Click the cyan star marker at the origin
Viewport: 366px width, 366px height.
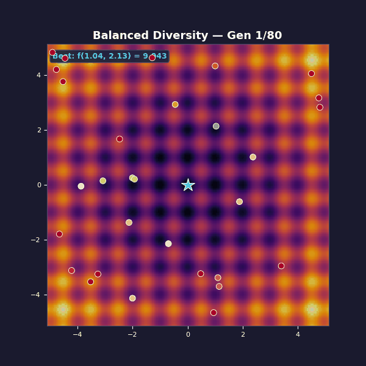(x=188, y=185)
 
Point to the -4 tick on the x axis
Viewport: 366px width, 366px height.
(x=77, y=334)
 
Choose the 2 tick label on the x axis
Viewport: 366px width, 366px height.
(x=243, y=334)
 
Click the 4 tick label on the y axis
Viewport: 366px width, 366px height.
(x=38, y=75)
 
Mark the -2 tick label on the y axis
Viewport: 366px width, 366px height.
(x=35, y=240)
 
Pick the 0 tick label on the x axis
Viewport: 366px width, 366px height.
(x=188, y=334)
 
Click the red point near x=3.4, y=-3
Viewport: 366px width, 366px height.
(x=281, y=266)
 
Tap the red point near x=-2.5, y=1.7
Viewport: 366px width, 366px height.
(x=120, y=139)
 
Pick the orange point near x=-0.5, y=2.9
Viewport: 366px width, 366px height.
(x=175, y=104)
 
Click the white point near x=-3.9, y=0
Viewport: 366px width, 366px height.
(x=81, y=186)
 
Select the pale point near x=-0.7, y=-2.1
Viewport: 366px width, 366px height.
(x=168, y=243)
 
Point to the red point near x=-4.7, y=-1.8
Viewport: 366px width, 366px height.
(x=59, y=234)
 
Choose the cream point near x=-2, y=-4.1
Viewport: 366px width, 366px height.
(x=132, y=298)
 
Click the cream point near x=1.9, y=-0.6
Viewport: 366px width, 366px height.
(x=239, y=202)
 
